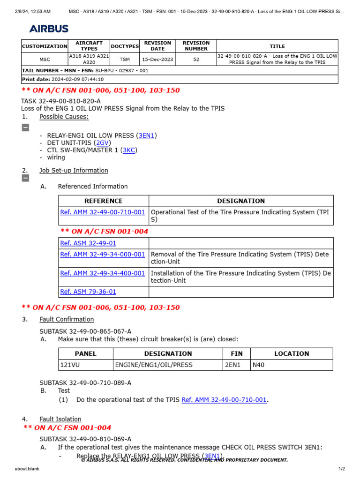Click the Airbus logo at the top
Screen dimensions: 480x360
49,29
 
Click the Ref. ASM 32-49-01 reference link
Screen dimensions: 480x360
88,243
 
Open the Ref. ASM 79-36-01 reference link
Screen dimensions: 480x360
88,292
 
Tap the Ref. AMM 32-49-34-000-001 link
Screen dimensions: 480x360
103,254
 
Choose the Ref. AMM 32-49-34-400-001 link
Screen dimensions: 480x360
103,273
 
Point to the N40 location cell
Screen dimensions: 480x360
259,365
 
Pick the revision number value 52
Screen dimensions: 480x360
196,60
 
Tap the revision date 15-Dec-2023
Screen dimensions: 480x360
157,60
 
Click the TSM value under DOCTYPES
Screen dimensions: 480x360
125,60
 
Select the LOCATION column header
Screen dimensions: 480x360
292,353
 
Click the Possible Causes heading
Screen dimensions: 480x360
63,116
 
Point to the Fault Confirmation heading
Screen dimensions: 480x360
67,319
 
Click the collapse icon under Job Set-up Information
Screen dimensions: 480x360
25,178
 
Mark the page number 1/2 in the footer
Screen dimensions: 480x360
342,469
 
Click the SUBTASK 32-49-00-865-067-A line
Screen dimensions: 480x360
85,331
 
